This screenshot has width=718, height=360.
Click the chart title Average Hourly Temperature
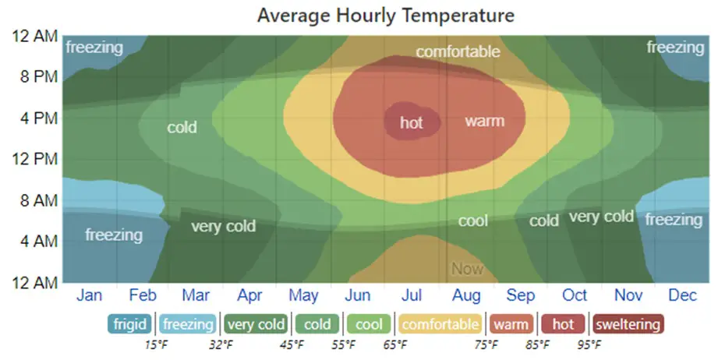[x=386, y=16]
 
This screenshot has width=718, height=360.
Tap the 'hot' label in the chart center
[x=412, y=122]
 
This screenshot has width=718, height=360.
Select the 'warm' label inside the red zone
[x=484, y=121]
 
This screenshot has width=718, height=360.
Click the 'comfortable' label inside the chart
[x=457, y=52]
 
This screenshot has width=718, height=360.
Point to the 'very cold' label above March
[x=223, y=227]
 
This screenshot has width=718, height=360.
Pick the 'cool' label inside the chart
[x=472, y=221]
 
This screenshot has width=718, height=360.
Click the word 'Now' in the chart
[x=468, y=270]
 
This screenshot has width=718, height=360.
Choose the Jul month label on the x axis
[x=412, y=296]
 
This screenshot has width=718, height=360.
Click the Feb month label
[x=143, y=296]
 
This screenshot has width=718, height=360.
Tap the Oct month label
[x=575, y=296]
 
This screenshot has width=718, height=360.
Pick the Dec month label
[x=682, y=296]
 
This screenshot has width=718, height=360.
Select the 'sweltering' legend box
[x=627, y=323]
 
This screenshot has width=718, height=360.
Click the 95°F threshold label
[x=589, y=344]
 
